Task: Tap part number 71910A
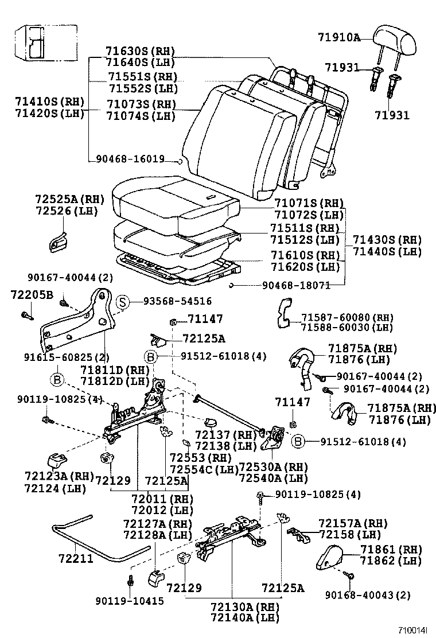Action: [338, 38]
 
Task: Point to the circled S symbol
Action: [122, 301]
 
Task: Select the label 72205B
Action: [31, 295]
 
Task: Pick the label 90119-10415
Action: [129, 601]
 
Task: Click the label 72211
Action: [75, 558]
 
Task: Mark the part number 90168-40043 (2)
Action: [367, 595]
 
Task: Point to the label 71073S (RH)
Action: [140, 104]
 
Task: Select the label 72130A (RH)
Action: [244, 607]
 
